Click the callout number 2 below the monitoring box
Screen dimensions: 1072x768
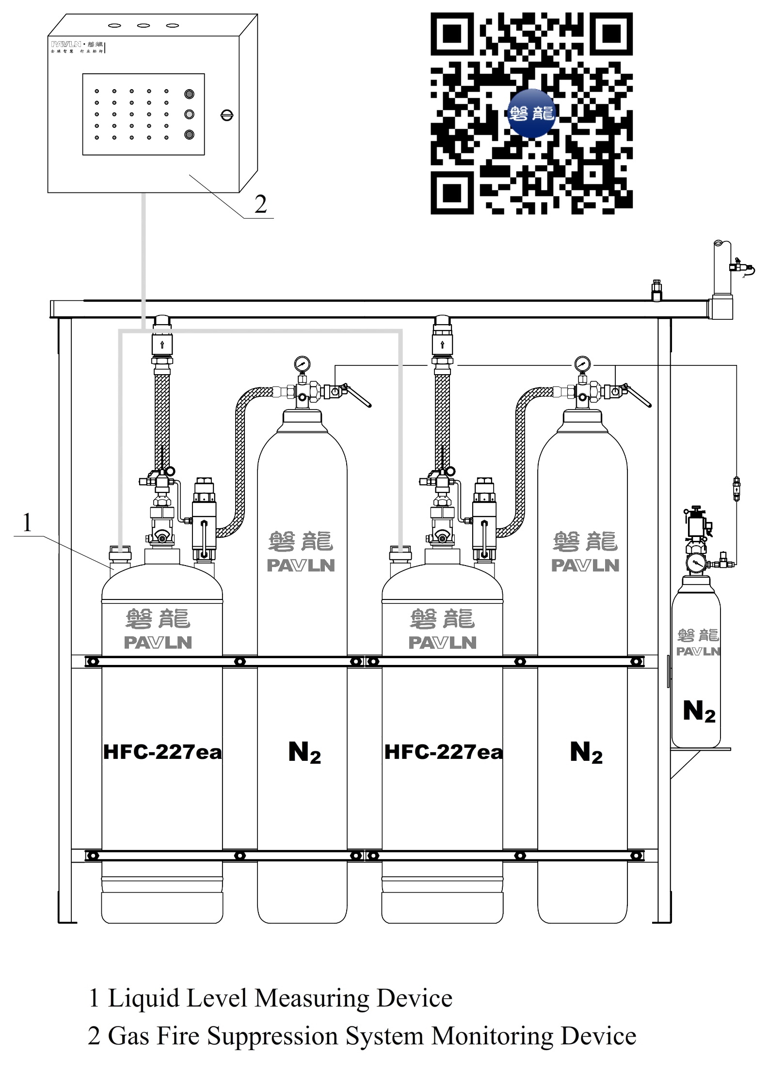[x=261, y=205]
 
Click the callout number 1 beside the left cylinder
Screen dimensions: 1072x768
[x=27, y=523]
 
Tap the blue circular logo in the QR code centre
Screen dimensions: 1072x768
[x=531, y=113]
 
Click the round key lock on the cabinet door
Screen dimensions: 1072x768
[x=227, y=115]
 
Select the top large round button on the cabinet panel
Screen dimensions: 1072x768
[x=189, y=94]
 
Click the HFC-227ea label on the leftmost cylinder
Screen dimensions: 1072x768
[x=162, y=752]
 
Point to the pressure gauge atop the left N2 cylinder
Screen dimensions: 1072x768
[x=302, y=363]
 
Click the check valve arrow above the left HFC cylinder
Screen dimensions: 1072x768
[x=162, y=346]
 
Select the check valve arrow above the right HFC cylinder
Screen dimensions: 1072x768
[x=442, y=346]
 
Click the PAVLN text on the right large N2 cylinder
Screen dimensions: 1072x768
[x=585, y=565]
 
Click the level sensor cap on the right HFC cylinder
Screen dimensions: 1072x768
[x=400, y=550]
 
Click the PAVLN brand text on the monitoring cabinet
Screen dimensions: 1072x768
[x=66, y=44]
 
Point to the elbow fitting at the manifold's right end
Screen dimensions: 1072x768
[x=721, y=308]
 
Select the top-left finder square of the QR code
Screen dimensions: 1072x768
[x=452, y=34]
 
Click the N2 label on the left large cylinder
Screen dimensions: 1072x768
[x=304, y=753]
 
